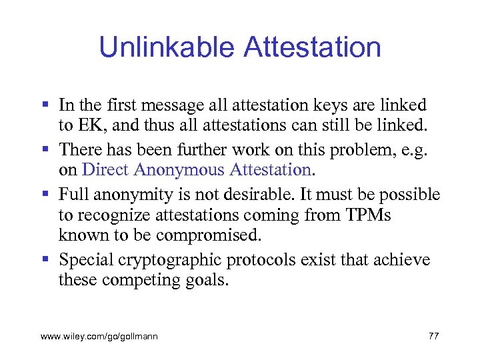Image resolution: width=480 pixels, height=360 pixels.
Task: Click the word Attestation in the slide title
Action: pos(313,48)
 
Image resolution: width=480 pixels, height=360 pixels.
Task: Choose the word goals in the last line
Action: pos(205,281)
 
